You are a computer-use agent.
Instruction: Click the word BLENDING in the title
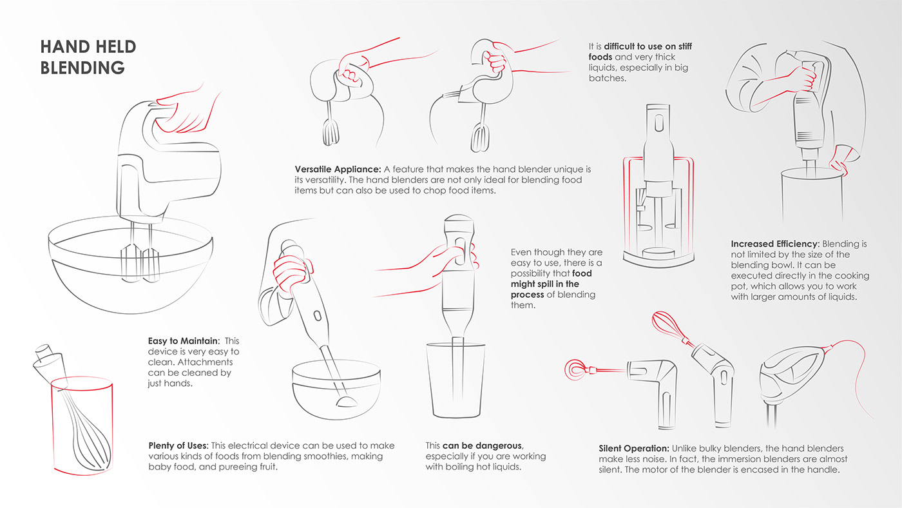82,68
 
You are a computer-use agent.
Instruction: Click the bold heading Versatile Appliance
338,169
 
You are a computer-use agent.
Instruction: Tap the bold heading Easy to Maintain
184,341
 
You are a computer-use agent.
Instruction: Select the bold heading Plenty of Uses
178,445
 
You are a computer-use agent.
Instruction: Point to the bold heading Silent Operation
634,449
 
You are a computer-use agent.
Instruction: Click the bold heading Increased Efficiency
775,244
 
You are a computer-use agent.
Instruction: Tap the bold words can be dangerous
483,445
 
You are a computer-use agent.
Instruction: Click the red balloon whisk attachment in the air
669,326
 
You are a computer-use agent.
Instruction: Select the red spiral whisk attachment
580,369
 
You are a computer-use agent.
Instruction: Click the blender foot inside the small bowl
347,401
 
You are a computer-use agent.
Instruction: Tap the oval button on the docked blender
658,123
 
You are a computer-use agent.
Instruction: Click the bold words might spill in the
545,284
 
